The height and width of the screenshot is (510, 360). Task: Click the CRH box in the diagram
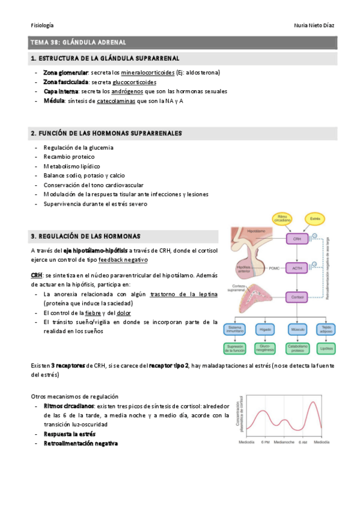297,239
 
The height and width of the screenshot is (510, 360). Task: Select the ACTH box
297,268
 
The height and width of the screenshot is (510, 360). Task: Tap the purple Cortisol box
297,297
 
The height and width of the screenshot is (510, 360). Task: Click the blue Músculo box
297,329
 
